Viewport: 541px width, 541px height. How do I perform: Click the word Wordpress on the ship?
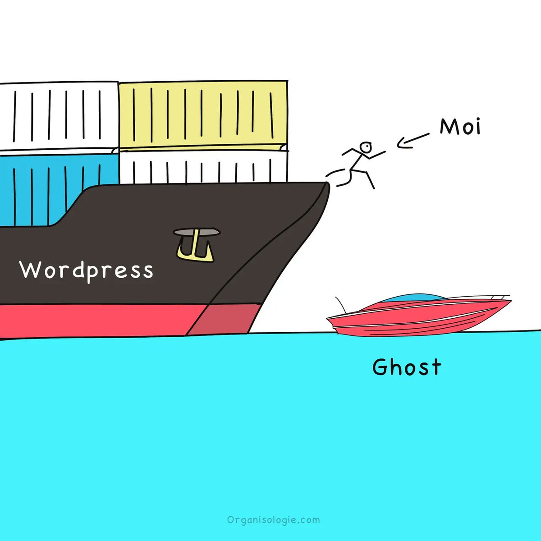[87, 270]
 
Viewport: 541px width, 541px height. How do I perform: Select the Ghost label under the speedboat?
[407, 367]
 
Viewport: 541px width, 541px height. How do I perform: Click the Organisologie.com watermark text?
[274, 520]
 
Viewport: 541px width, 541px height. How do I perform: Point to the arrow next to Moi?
[412, 140]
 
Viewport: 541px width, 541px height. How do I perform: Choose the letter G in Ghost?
[380, 367]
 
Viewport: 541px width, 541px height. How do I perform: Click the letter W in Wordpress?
[30, 270]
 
